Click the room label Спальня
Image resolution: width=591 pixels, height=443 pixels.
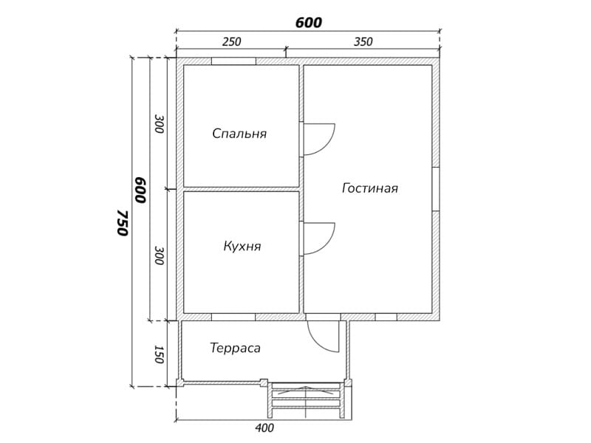pyautogui.click(x=239, y=134)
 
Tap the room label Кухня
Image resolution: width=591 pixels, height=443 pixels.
pyautogui.click(x=242, y=246)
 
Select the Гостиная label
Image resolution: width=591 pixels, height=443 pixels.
pyautogui.click(x=370, y=188)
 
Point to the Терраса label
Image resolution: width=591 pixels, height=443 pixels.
pyautogui.click(x=235, y=348)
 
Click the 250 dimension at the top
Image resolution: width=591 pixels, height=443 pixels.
pyautogui.click(x=231, y=41)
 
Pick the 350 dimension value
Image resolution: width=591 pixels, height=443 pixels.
pyautogui.click(x=363, y=41)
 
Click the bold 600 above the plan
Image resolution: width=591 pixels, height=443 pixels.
pyautogui.click(x=309, y=23)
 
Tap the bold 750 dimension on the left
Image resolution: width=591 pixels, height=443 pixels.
pyautogui.click(x=123, y=223)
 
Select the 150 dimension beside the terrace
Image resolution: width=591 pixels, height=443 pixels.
pyautogui.click(x=159, y=354)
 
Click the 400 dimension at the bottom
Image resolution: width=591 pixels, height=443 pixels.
pyautogui.click(x=264, y=428)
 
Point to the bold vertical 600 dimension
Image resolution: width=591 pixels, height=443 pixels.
pyautogui.click(x=140, y=190)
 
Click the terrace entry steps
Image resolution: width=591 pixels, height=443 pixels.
pyautogui.click(x=306, y=400)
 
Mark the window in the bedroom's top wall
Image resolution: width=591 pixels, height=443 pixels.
pyautogui.click(x=233, y=61)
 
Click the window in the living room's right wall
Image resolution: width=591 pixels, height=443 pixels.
pyautogui.click(x=436, y=189)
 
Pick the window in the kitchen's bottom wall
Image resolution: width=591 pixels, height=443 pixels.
pyautogui.click(x=233, y=317)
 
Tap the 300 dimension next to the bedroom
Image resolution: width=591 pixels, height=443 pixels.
pyautogui.click(x=160, y=123)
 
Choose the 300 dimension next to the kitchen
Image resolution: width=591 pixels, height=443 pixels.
pyautogui.click(x=160, y=255)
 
